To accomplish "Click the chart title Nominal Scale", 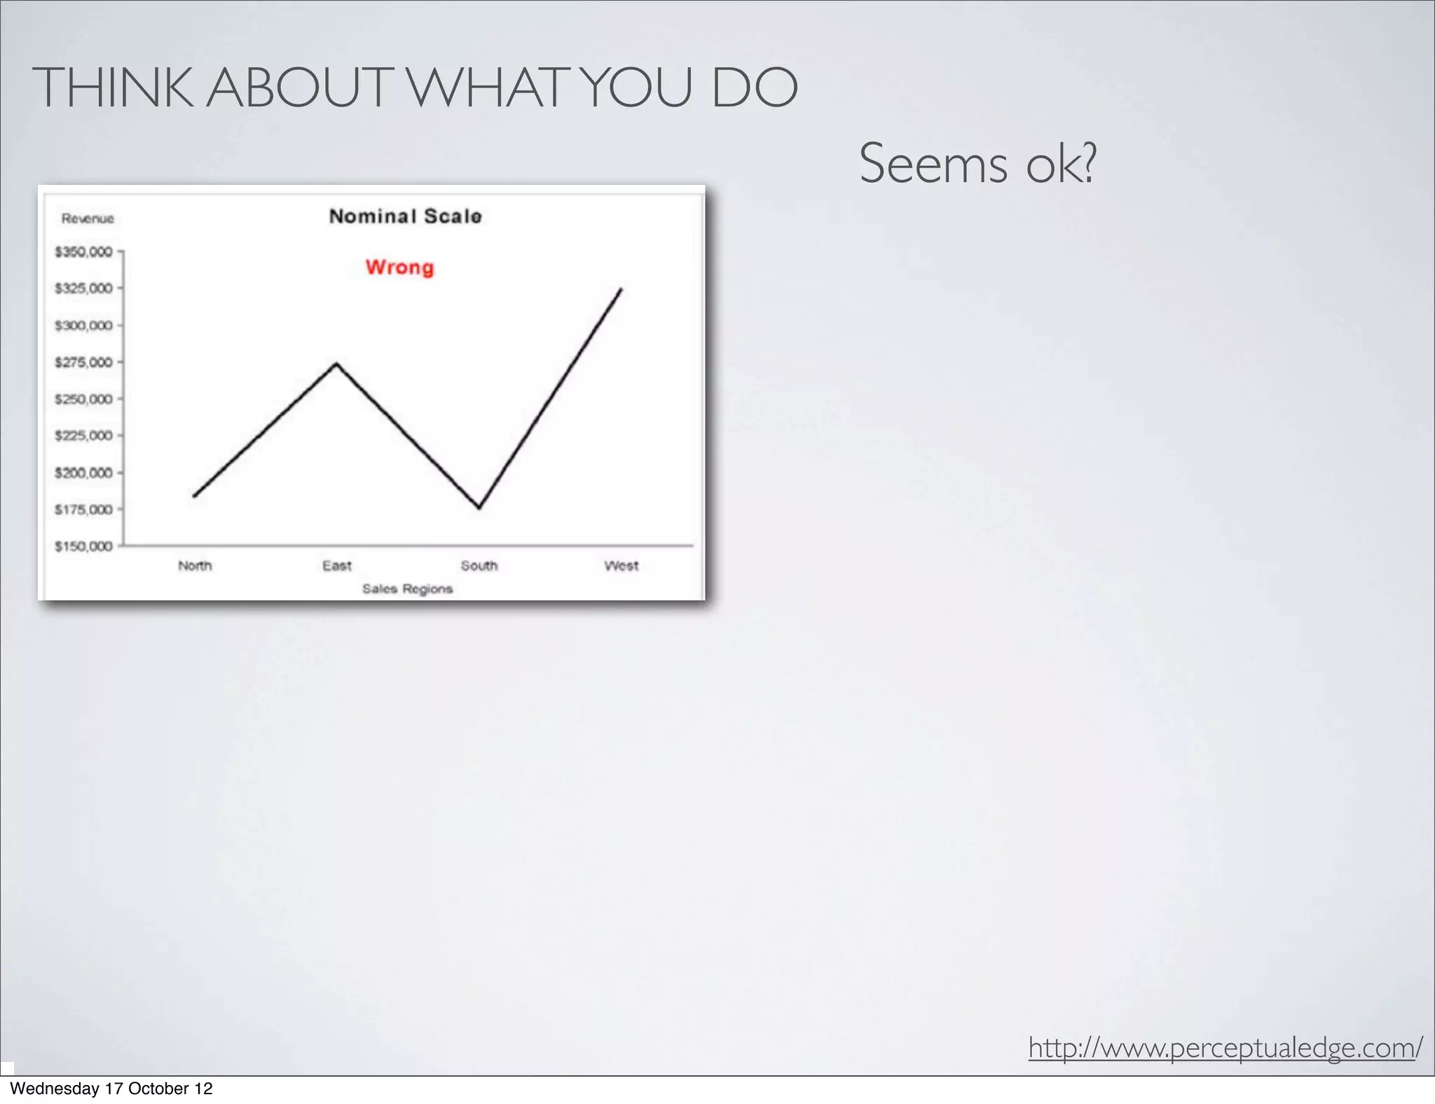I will [x=405, y=216].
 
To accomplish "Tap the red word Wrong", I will [x=399, y=268].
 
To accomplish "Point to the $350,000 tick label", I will [x=83, y=251].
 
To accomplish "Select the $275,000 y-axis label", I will [x=83, y=362].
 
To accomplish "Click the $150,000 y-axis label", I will [x=83, y=546].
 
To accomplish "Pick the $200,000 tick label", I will [x=83, y=473].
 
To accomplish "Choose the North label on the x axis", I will [x=195, y=566].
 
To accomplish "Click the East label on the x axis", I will [x=337, y=566].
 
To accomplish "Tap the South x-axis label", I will [x=479, y=566].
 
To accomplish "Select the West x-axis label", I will [x=622, y=566].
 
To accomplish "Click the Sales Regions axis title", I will [x=407, y=589].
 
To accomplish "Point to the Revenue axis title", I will [x=88, y=219].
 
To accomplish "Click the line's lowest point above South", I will [x=479, y=508].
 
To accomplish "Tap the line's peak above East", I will [x=337, y=363].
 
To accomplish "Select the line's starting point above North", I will [x=194, y=496].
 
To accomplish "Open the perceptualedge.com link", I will [x=1225, y=1049].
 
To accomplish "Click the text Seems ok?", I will [x=977, y=164].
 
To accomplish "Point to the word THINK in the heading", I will [x=112, y=88].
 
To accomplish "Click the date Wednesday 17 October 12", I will [x=111, y=1089].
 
